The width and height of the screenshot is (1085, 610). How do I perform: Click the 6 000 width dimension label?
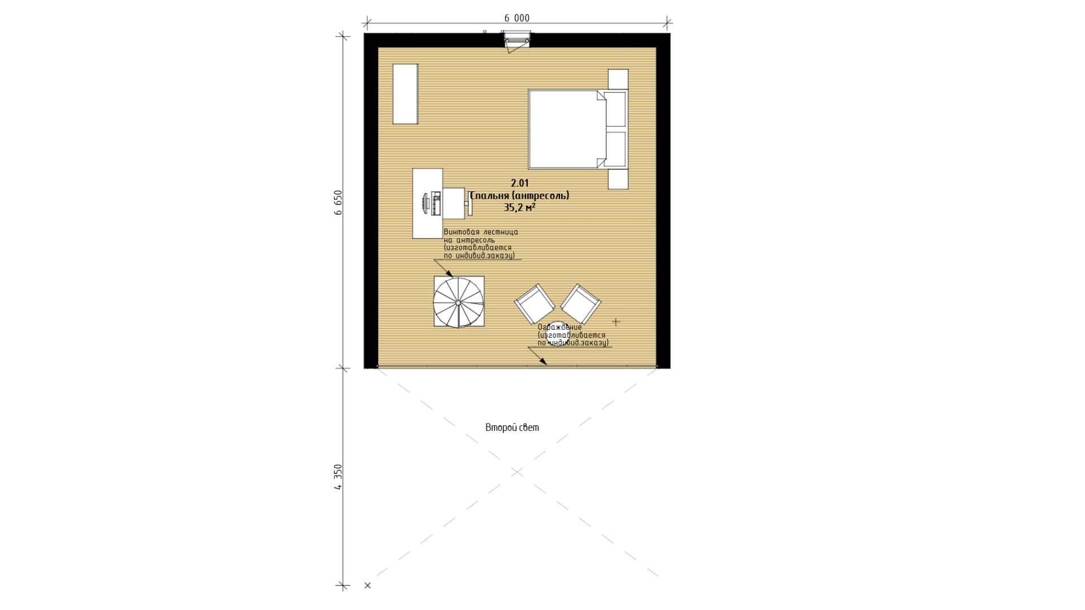(517, 18)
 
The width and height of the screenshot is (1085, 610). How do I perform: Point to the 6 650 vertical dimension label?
(338, 203)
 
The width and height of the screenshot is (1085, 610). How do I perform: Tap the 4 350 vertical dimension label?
(338, 477)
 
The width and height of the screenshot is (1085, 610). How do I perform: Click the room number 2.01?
(520, 183)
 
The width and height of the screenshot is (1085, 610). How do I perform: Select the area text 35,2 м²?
(519, 207)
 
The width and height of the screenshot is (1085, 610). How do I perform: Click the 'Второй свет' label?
(512, 428)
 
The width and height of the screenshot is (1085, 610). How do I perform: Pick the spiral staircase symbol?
(459, 302)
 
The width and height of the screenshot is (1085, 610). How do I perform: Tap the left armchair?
(535, 303)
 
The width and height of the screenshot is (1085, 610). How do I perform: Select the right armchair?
(580, 303)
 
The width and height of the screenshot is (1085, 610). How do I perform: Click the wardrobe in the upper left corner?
(405, 94)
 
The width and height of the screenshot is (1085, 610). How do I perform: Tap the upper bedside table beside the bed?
(618, 79)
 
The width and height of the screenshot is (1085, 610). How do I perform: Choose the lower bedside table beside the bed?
(618, 179)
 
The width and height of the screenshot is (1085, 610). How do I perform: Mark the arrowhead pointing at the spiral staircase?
(449, 273)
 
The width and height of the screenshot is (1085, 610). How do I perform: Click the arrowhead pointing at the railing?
(542, 361)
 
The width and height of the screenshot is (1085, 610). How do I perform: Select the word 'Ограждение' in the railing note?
(559, 327)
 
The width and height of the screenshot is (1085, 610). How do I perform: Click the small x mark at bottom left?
(367, 586)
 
